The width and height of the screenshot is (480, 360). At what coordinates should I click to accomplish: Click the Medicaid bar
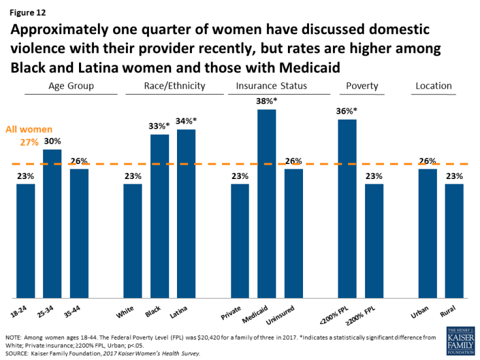[x=266, y=203]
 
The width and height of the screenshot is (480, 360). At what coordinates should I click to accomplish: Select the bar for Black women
[x=159, y=216]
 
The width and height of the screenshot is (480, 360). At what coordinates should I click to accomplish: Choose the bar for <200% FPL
[x=347, y=208]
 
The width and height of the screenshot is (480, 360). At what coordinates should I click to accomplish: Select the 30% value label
[x=53, y=141]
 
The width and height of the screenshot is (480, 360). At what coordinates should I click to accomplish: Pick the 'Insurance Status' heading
[x=272, y=86]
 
